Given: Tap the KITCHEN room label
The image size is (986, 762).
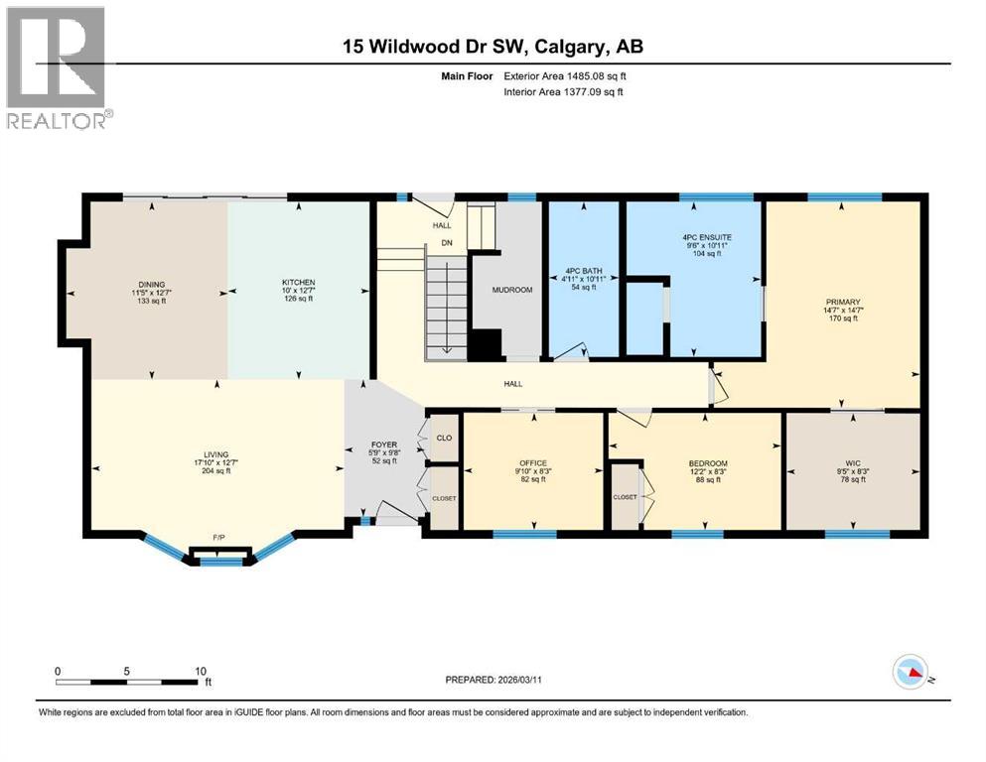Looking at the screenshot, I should [298, 283].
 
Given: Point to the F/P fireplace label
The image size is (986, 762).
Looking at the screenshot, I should [219, 538].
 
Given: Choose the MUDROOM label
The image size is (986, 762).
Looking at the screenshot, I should [512, 290].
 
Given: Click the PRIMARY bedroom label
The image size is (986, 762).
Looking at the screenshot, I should [841, 303].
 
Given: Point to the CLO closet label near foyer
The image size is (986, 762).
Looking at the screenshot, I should [445, 438].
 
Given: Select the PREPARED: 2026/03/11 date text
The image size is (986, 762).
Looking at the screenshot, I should [501, 680].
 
